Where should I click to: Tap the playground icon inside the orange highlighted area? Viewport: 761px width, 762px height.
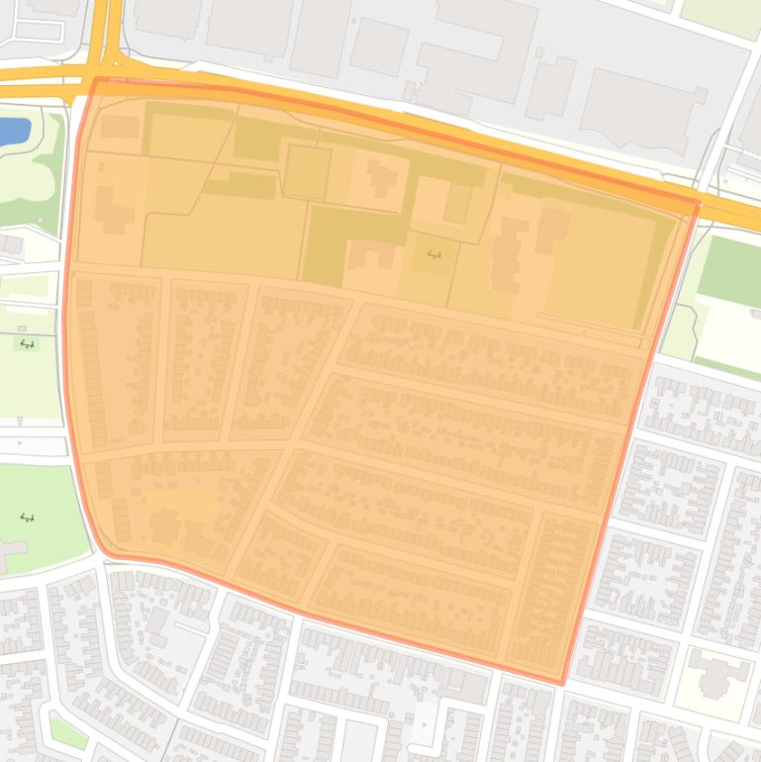(433, 254)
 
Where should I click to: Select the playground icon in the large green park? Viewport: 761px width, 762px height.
(27, 517)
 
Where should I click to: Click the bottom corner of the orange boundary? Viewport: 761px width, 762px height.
(562, 683)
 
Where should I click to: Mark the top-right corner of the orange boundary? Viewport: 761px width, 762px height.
(699, 204)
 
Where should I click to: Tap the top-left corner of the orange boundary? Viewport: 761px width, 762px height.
(96, 79)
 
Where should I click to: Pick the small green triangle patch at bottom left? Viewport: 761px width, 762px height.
(67, 732)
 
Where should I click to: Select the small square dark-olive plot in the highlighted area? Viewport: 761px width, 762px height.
(307, 172)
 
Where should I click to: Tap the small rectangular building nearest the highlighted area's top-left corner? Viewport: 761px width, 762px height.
(120, 127)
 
